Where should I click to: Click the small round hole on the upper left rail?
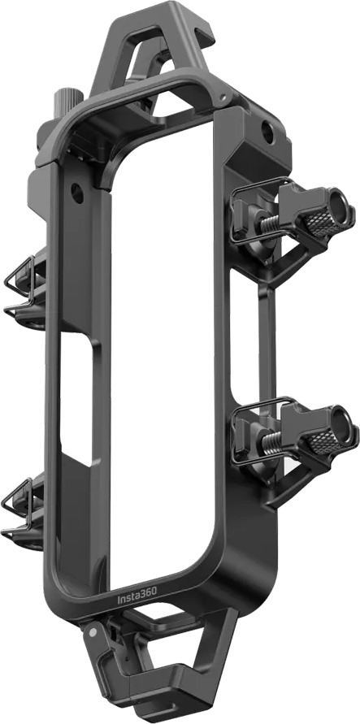(x=76, y=193)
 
